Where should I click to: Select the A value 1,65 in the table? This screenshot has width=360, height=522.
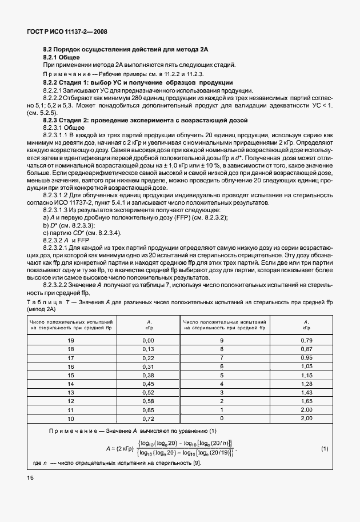pos(306,403)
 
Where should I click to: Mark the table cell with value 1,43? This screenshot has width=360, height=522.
pos(306,394)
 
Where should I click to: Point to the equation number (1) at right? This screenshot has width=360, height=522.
pos(325,448)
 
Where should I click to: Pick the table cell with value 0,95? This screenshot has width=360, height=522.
pos(306,357)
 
